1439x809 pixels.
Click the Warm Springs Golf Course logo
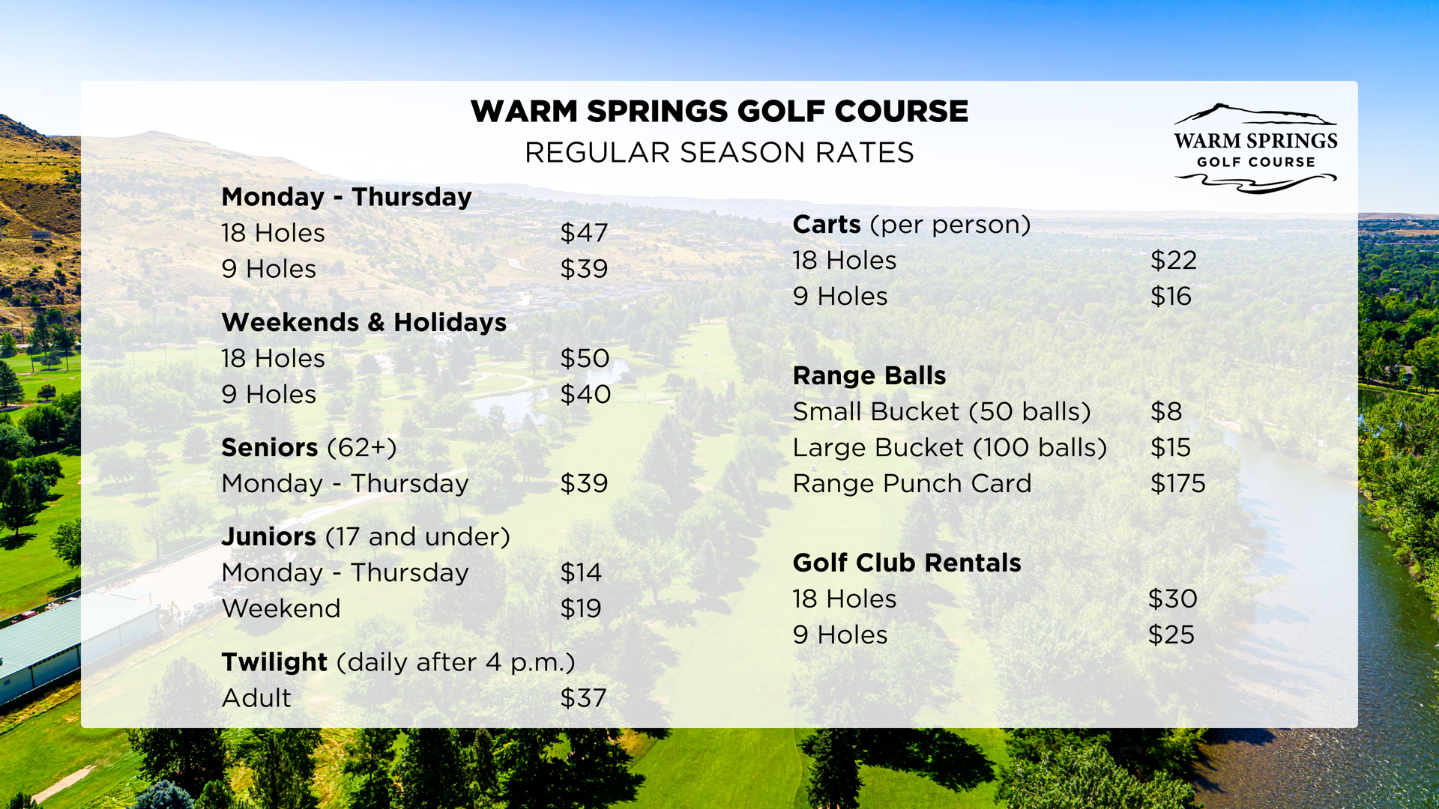click(x=1255, y=148)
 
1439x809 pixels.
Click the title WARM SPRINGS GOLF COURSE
click(x=719, y=112)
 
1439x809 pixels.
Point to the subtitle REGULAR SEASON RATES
click(x=719, y=153)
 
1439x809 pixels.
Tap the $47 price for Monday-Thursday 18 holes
click(x=584, y=233)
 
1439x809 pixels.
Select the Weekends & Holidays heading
click(x=364, y=322)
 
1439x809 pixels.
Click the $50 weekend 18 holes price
click(x=585, y=358)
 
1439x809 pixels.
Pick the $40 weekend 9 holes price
click(x=585, y=394)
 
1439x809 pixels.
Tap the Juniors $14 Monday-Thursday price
click(x=581, y=572)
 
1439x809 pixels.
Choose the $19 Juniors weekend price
click(x=581, y=608)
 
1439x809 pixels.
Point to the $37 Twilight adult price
click(x=583, y=698)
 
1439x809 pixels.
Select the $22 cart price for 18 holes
click(x=1174, y=260)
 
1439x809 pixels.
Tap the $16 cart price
click(x=1171, y=296)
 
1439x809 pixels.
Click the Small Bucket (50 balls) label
click(x=942, y=412)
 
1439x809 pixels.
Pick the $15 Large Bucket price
click(x=1171, y=447)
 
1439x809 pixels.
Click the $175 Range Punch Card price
click(x=1178, y=483)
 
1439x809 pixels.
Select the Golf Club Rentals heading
click(x=907, y=563)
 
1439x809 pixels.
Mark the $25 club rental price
click(x=1171, y=634)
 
